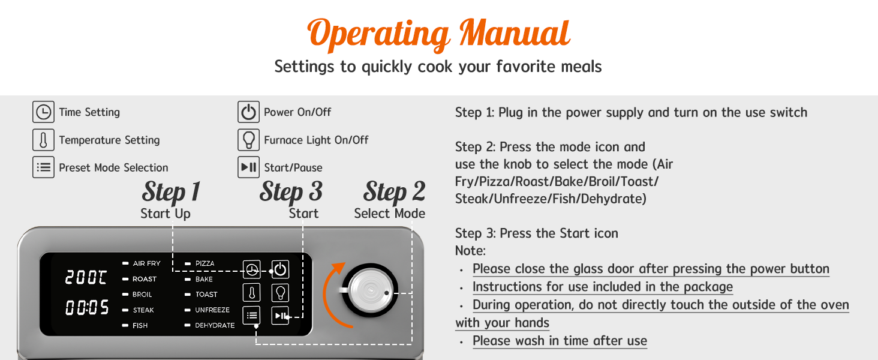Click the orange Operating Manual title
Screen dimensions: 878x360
[438, 35]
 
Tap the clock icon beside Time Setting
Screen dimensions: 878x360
[43, 112]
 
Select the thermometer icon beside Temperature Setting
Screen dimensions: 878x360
[43, 140]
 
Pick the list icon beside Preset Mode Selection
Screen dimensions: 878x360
[43, 167]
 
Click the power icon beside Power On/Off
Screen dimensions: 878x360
[248, 112]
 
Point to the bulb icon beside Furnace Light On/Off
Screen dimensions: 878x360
[248, 140]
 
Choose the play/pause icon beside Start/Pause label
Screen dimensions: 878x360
[248, 167]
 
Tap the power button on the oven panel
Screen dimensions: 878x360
[280, 269]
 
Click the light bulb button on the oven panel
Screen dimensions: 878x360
[280, 293]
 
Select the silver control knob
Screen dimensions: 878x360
[370, 290]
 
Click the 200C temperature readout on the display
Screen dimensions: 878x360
[86, 277]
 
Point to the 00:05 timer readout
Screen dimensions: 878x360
[86, 307]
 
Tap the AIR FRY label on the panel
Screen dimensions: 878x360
[146, 263]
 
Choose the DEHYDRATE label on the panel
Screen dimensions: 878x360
[215, 325]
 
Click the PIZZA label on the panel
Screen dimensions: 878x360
[205, 263]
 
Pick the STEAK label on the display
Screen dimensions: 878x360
[143, 310]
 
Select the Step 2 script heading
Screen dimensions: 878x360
[394, 192]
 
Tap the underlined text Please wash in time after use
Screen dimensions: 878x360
[560, 341]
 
